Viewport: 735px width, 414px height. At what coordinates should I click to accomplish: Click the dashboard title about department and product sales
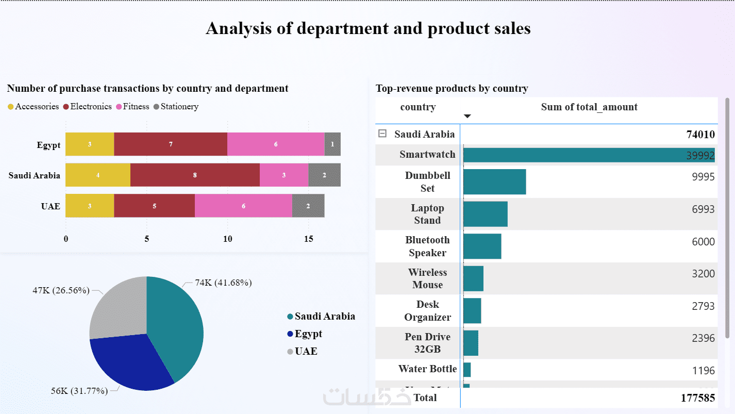[x=368, y=28]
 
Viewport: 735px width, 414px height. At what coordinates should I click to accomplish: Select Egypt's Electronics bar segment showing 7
[x=171, y=144]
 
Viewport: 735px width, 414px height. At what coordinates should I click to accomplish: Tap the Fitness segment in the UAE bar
[x=243, y=206]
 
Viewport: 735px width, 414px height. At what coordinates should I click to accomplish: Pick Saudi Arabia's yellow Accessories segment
[x=98, y=175]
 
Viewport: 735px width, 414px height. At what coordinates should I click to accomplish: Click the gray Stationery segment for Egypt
[x=332, y=144]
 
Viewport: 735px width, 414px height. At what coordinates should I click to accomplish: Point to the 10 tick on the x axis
[x=227, y=239]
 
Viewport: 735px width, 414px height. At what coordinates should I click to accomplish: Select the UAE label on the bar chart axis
[x=51, y=206]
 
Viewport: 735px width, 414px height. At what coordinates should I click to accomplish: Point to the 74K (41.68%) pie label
[x=223, y=283]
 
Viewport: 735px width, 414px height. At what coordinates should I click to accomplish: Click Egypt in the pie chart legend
[x=308, y=334]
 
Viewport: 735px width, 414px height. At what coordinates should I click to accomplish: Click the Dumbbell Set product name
[x=427, y=182]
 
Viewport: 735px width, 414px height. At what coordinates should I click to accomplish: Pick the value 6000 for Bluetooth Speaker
[x=703, y=242]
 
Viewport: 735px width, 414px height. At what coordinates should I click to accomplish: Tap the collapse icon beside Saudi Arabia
[x=382, y=134]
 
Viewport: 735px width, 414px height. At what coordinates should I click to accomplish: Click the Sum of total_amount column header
[x=589, y=107]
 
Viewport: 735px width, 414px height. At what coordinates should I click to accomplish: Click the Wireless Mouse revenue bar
[x=473, y=278]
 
